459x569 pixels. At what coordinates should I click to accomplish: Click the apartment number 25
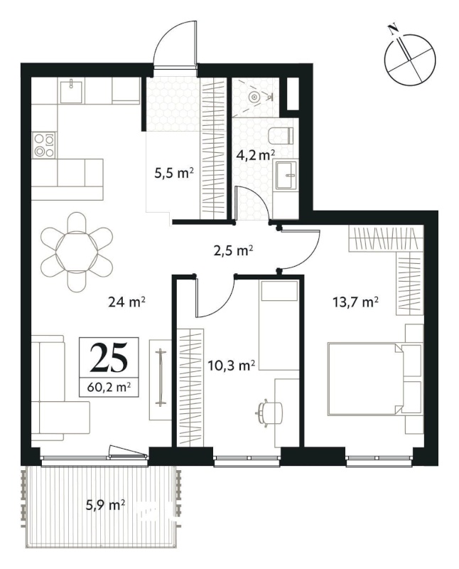pyautogui.click(x=109, y=358)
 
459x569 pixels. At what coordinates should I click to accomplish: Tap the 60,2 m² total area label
pyautogui.click(x=109, y=388)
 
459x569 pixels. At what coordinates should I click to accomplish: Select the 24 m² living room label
pyautogui.click(x=127, y=301)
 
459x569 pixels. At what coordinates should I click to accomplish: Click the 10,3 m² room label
pyautogui.click(x=232, y=366)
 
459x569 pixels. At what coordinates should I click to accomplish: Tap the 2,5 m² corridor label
pyautogui.click(x=233, y=251)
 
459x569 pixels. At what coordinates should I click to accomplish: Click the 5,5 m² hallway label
pyautogui.click(x=173, y=173)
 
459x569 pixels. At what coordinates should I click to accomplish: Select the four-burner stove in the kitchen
pyautogui.click(x=45, y=145)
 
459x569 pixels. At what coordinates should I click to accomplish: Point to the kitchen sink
pyautogui.click(x=71, y=92)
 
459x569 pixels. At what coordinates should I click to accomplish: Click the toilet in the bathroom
pyautogui.click(x=281, y=136)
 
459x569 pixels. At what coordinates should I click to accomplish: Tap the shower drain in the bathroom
pyautogui.click(x=255, y=97)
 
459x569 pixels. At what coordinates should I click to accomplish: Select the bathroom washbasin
pyautogui.click(x=286, y=176)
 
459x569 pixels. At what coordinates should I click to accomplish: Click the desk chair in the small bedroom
pyautogui.click(x=269, y=412)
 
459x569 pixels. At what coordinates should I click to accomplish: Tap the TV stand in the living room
pyautogui.click(x=160, y=380)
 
